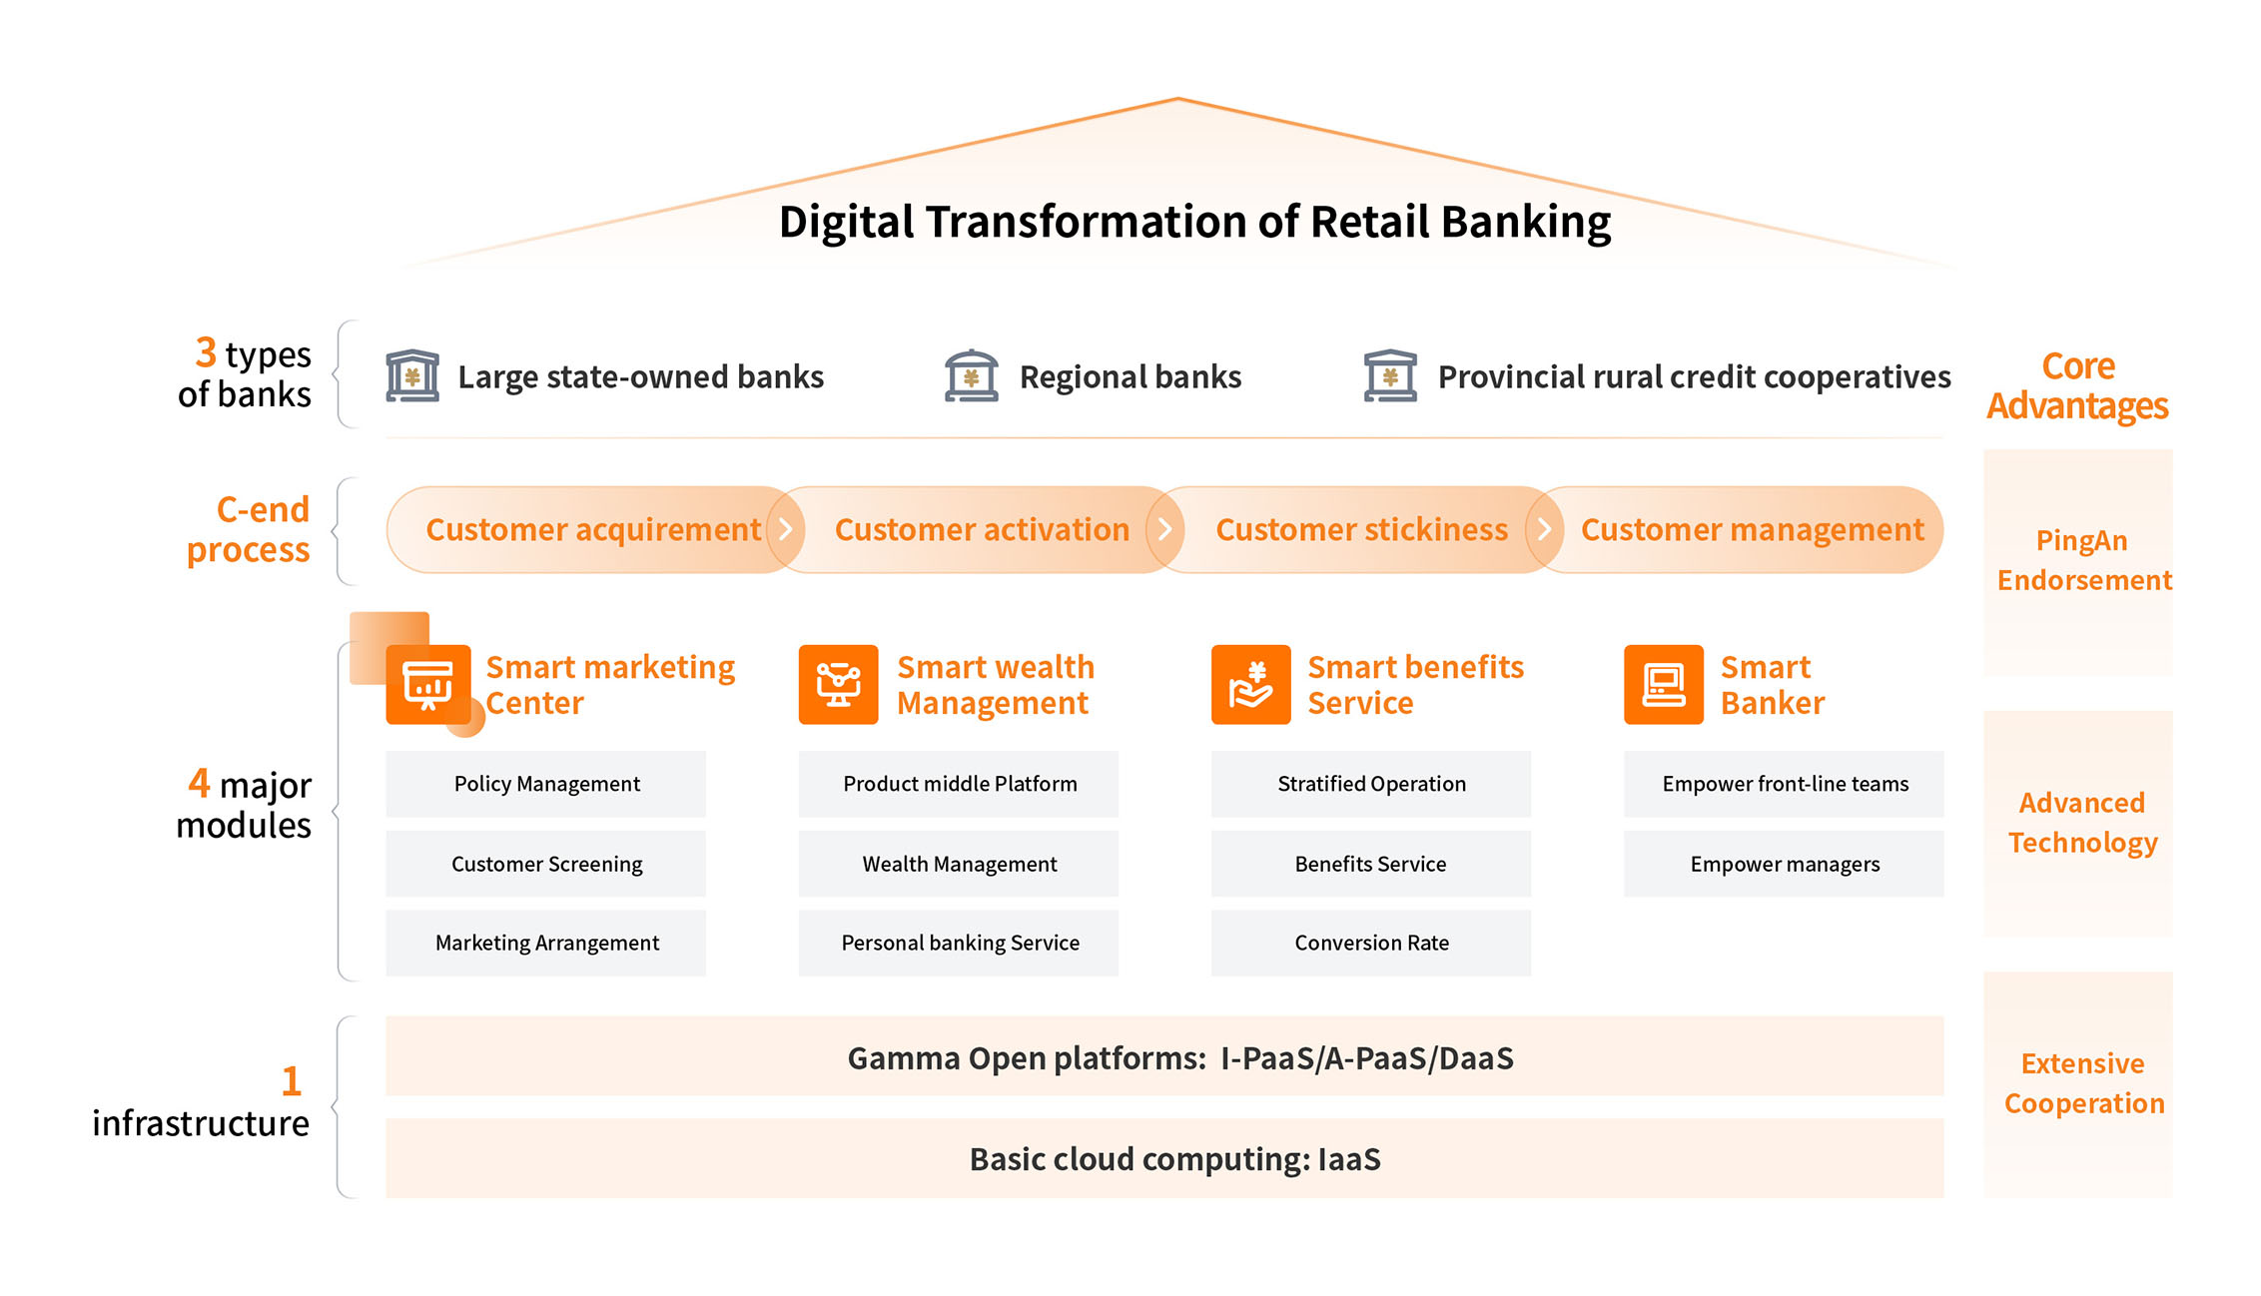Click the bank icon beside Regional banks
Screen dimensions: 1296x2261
(x=971, y=376)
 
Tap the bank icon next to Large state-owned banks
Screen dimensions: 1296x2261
(x=412, y=376)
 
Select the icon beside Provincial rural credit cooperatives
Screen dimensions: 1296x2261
(x=1390, y=376)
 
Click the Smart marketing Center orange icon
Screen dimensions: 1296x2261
(x=428, y=685)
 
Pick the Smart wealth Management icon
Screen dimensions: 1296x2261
(x=838, y=685)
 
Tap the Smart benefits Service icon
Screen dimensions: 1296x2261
(x=1250, y=685)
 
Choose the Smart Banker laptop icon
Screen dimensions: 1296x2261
(x=1663, y=685)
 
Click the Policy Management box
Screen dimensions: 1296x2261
(x=545, y=784)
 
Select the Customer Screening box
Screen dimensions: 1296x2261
(x=545, y=864)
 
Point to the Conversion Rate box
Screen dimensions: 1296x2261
(x=1370, y=943)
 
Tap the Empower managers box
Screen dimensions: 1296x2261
(x=1784, y=864)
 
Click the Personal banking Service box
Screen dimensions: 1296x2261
(x=958, y=943)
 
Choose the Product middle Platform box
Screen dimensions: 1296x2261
(x=958, y=784)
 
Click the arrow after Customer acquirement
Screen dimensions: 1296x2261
(x=786, y=529)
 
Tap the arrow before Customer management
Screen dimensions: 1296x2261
(x=1544, y=529)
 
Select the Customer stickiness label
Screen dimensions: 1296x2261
(x=1361, y=529)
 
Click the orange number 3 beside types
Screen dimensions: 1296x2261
(x=206, y=352)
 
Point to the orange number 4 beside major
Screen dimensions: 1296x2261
(x=199, y=783)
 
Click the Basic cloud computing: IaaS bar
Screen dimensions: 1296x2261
(x=1164, y=1158)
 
